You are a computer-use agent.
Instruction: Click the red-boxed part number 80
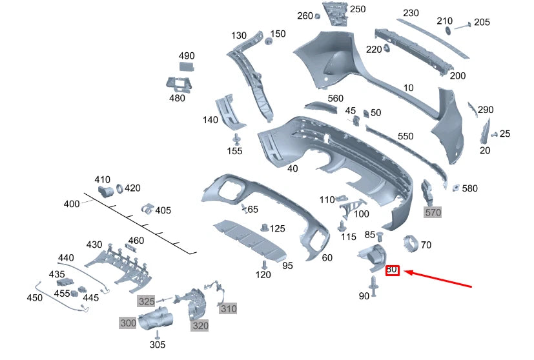point(392,270)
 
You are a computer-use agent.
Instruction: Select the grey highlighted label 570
point(432,211)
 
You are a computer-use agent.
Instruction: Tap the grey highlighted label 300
point(128,322)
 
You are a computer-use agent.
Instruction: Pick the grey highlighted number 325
point(146,301)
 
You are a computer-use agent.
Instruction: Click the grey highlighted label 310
point(228,309)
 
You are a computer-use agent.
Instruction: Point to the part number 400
point(71,204)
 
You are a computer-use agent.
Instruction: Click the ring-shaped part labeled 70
point(409,244)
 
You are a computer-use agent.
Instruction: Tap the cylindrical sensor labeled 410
point(104,191)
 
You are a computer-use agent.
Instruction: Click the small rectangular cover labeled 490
point(187,66)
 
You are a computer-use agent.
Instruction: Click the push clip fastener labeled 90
point(375,285)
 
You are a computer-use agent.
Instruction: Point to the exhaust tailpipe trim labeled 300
point(158,319)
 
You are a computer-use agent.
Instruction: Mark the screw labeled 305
point(157,334)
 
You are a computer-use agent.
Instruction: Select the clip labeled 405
point(148,209)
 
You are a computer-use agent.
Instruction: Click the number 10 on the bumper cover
point(408,88)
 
